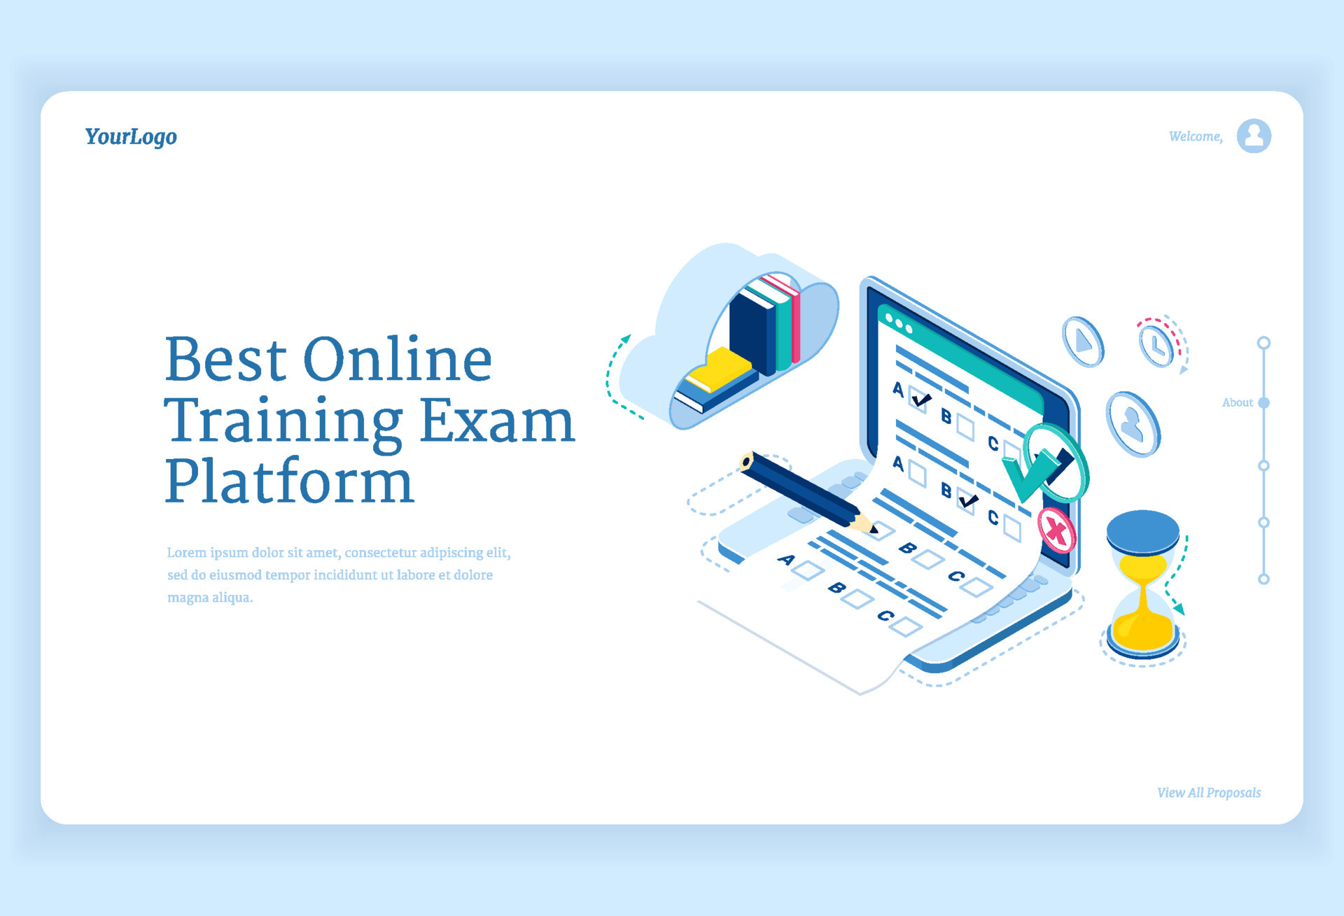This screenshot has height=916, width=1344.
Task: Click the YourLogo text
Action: coord(131,136)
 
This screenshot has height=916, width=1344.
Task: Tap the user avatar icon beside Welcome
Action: coord(1253,136)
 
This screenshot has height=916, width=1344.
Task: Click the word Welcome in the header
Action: coord(1195,136)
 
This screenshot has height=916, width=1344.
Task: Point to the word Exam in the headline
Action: coord(497,421)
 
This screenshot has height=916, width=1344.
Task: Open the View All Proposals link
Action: coord(1208,793)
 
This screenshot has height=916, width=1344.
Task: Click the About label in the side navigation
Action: coord(1237,402)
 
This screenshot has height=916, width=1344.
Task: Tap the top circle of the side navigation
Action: coord(1263,343)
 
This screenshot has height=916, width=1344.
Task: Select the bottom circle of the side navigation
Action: coord(1263,579)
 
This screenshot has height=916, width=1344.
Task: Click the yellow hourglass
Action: coord(1143,584)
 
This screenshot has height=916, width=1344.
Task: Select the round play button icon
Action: coord(1083,341)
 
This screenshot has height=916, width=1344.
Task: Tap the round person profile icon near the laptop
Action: coord(1133,424)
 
